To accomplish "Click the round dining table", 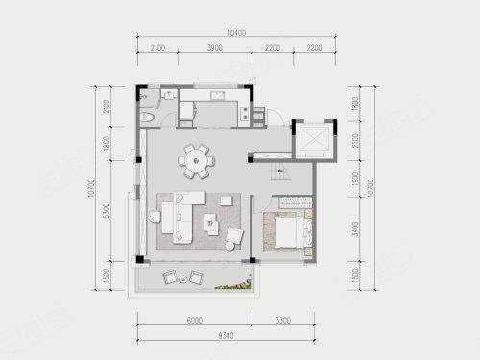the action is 196,161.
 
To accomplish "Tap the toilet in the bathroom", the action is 148,117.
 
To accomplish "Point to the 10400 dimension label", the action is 236,33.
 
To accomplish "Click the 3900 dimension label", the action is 215,48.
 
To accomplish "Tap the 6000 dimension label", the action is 194,320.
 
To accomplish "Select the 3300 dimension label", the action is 283,320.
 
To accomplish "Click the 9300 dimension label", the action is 226,335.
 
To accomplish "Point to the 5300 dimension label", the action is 107,211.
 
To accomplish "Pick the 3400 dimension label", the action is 355,228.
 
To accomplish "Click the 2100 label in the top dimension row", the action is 157,48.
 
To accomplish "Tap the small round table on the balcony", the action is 183,279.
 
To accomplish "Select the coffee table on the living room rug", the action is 211,223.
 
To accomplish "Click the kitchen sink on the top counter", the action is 218,95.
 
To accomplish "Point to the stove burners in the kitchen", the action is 245,113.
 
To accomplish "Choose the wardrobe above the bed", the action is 296,203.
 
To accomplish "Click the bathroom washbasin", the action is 169,95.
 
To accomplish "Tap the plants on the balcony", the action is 233,285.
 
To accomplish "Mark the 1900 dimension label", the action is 355,179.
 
